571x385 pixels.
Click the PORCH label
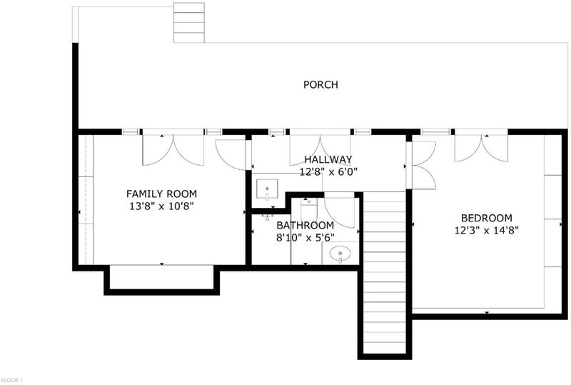320,84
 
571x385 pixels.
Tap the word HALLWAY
328,159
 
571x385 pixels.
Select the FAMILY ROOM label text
161,194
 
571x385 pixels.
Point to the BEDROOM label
487,218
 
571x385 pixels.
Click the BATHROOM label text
305,225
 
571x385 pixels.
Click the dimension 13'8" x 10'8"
161,206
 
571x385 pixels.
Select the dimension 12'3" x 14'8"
487,231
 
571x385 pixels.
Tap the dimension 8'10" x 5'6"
305,238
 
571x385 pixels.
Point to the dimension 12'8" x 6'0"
328,171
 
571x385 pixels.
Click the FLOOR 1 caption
11,380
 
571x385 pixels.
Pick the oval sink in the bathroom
340,254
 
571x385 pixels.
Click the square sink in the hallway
267,189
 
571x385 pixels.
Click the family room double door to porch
173,150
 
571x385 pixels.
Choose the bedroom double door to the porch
481,149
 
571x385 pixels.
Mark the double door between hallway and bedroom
421,165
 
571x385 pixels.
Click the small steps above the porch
189,23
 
